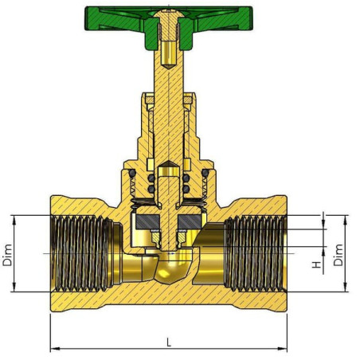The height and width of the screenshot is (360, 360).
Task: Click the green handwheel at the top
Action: pos(119,18)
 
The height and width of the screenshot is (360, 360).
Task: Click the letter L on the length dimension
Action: pos(169,342)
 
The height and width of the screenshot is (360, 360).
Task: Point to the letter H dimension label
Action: pos(316,264)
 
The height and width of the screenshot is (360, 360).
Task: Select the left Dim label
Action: pos(7,255)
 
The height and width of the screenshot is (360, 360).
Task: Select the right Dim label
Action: pos(338,255)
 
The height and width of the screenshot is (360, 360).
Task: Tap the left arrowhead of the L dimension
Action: pos(54,348)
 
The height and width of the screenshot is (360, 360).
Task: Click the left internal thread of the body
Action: pos(81,253)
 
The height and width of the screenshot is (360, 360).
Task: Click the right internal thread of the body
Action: pos(256,253)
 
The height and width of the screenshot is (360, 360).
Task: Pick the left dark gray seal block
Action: pos(147,221)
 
